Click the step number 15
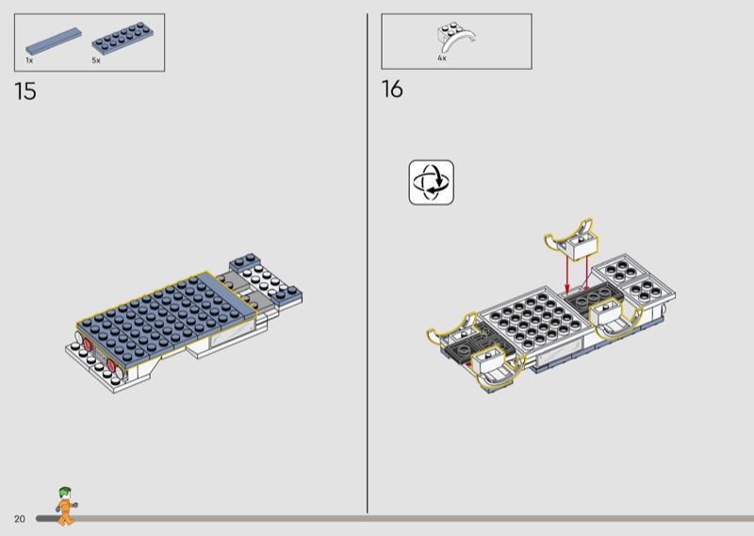click(25, 91)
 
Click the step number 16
click(392, 89)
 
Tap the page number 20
click(19, 519)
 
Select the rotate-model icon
click(432, 182)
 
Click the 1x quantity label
click(29, 60)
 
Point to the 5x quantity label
click(96, 60)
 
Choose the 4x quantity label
click(442, 58)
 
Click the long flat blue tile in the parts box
click(54, 41)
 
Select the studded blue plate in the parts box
click(123, 38)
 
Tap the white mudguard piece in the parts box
click(455, 38)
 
